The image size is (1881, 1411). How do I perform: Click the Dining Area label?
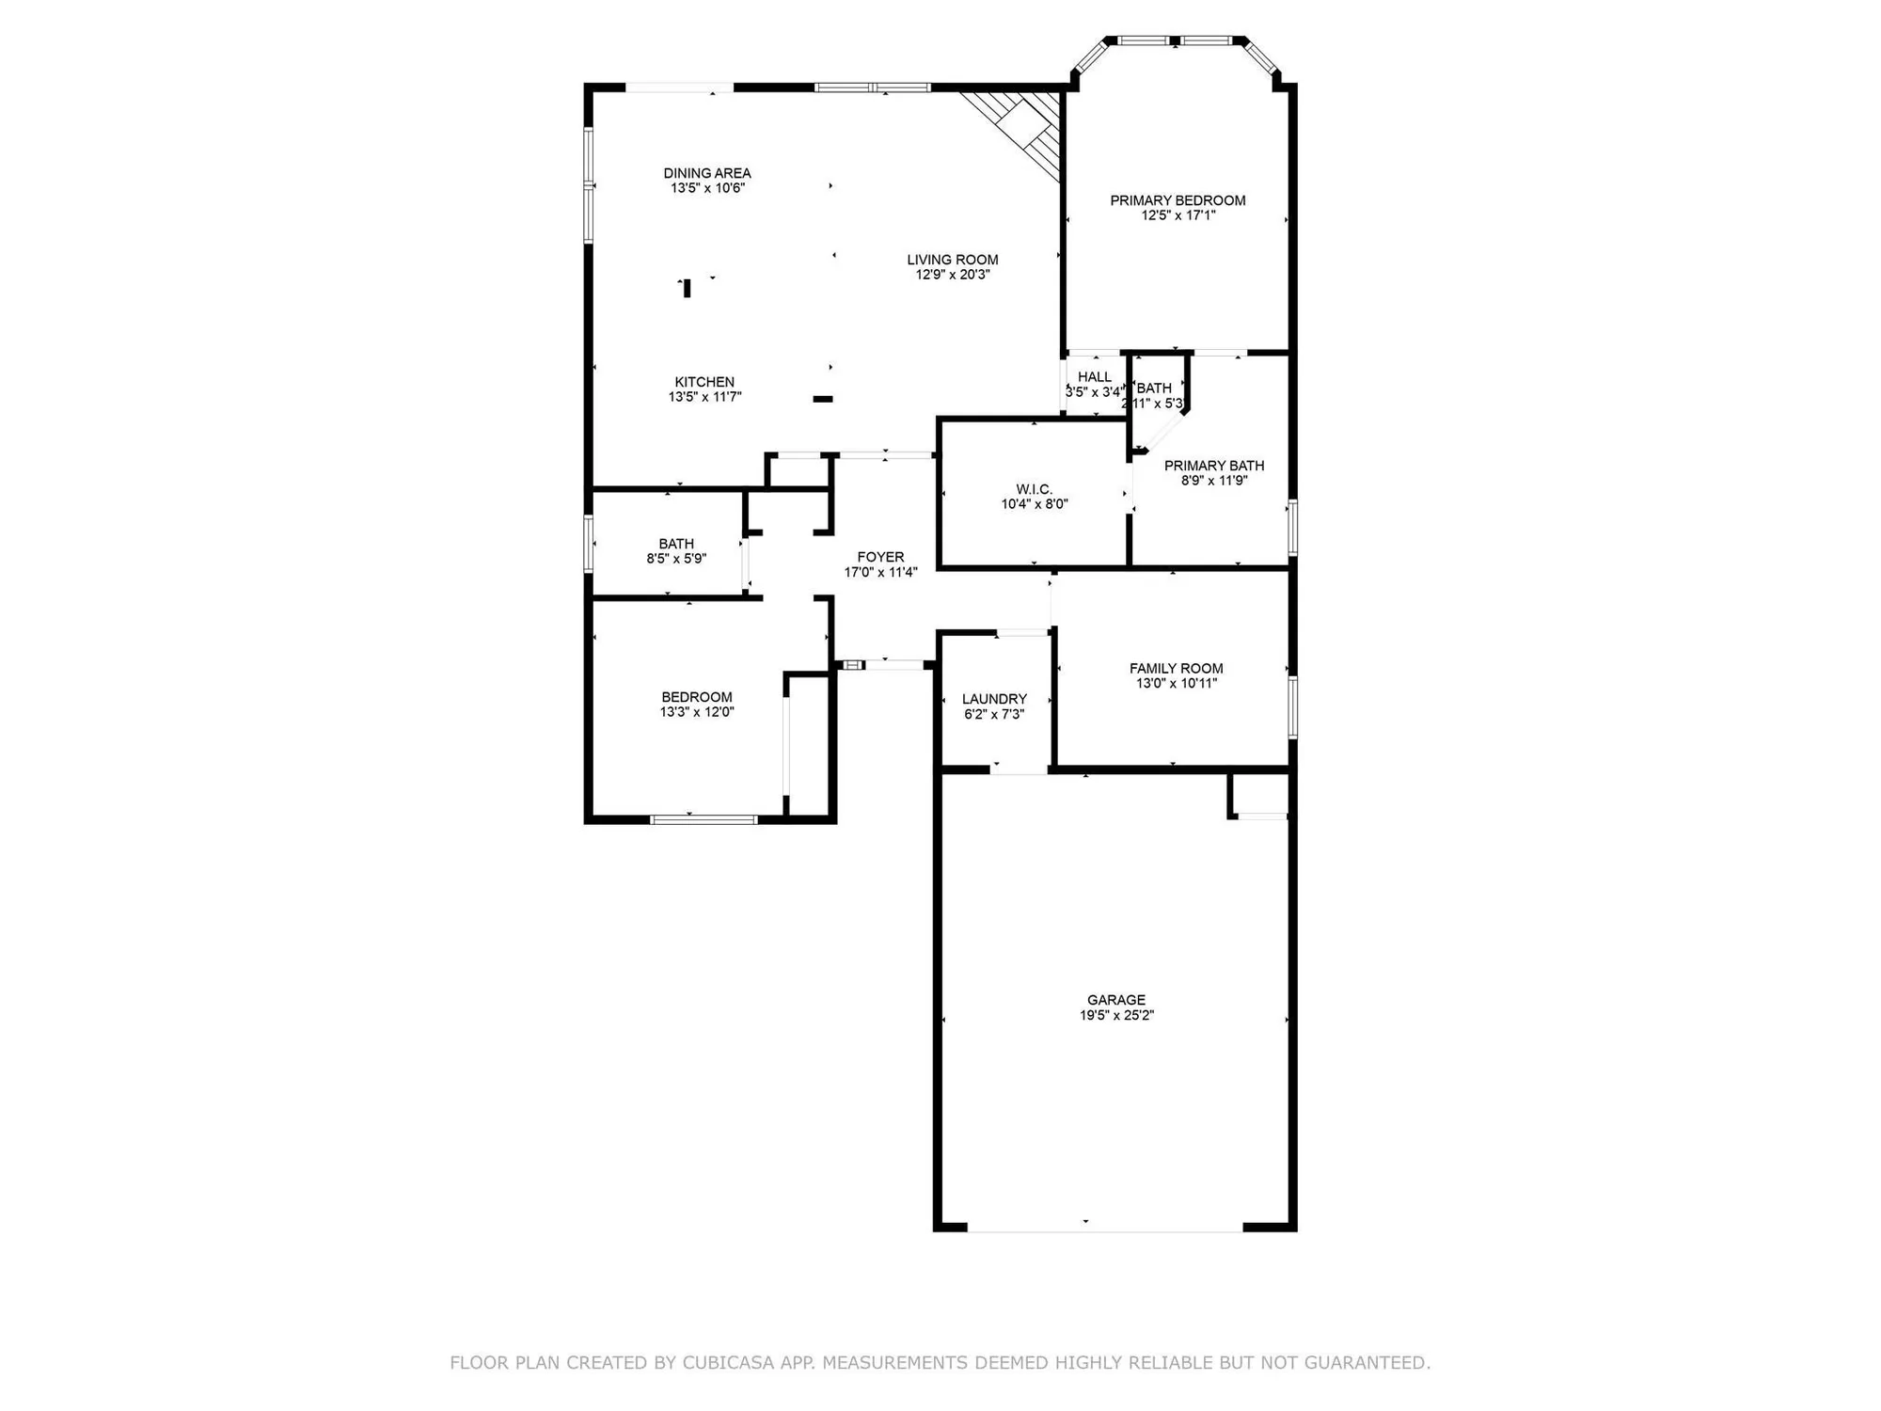point(707,173)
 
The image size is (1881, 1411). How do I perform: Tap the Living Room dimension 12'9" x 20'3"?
point(953,275)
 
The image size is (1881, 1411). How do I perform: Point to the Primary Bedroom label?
point(1178,200)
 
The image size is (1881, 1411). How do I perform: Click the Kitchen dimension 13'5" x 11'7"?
point(704,397)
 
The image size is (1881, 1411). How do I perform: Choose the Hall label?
point(1095,377)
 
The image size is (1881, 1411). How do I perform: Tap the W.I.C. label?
point(1034,489)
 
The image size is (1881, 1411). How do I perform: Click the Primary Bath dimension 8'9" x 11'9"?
point(1214,481)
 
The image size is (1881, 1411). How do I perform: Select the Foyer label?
point(880,557)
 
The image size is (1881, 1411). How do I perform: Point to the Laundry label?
point(994,699)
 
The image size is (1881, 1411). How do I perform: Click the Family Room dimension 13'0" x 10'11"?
point(1176,684)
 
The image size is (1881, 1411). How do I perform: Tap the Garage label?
point(1116,1000)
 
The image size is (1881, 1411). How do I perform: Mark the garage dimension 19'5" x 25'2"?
point(1116,1016)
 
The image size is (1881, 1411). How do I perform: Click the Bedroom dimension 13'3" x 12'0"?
point(697,712)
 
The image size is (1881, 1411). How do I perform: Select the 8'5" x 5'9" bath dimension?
point(676,559)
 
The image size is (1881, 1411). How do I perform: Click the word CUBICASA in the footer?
point(729,1362)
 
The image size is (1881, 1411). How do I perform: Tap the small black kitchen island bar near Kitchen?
point(823,399)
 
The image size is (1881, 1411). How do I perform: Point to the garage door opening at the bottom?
point(1105,1228)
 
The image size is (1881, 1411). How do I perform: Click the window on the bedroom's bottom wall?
point(703,819)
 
